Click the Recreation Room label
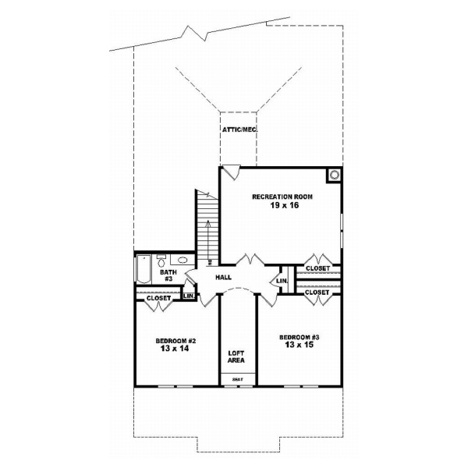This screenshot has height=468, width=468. tap(282, 197)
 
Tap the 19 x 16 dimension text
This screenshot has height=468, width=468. tap(282, 207)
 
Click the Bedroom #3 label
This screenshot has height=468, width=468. tap(299, 338)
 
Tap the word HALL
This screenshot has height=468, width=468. tap(224, 276)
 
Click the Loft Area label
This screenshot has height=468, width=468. tap(237, 356)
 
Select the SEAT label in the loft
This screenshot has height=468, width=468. tap(237, 379)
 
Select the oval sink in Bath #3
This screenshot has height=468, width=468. tap(183, 261)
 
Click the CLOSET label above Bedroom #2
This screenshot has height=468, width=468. tap(158, 297)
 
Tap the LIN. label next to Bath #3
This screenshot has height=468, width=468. tap(188, 296)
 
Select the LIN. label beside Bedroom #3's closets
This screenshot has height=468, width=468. tap(282, 281)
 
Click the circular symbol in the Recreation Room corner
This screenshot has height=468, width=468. tap(334, 175)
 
